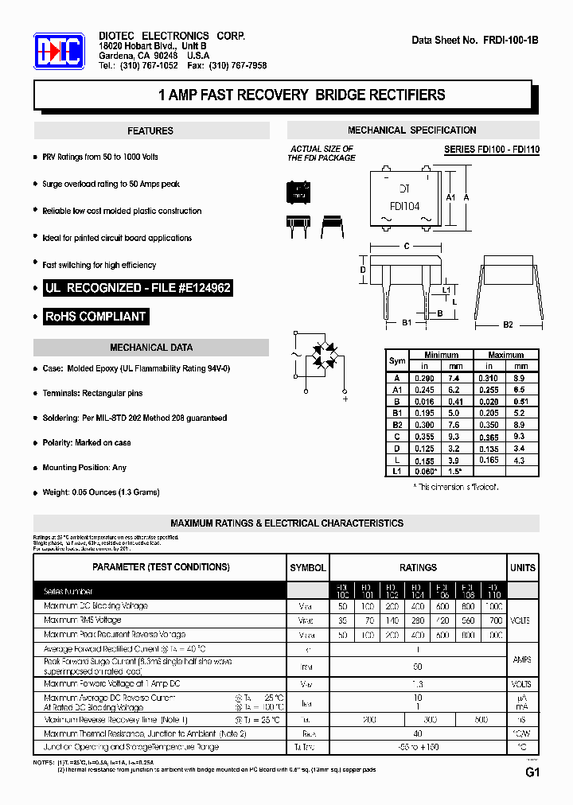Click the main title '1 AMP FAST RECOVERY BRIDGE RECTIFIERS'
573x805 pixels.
tap(302, 95)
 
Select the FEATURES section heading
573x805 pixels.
tap(150, 130)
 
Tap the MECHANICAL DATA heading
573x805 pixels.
tap(151, 348)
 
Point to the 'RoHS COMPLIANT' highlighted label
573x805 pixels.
tap(95, 317)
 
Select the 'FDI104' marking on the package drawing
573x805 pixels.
tap(405, 206)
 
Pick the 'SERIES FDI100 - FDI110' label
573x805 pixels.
tap(491, 150)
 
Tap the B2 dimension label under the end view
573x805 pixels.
tap(508, 325)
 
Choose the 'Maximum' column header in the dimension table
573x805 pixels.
tap(506, 355)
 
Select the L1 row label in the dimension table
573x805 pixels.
tap(397, 472)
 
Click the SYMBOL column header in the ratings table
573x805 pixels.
tap(307, 567)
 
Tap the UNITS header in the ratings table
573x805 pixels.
tap(523, 567)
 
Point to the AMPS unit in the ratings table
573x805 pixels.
tap(523, 660)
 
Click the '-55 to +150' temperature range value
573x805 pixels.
tap(418, 747)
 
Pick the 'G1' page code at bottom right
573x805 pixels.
tap(532, 772)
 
